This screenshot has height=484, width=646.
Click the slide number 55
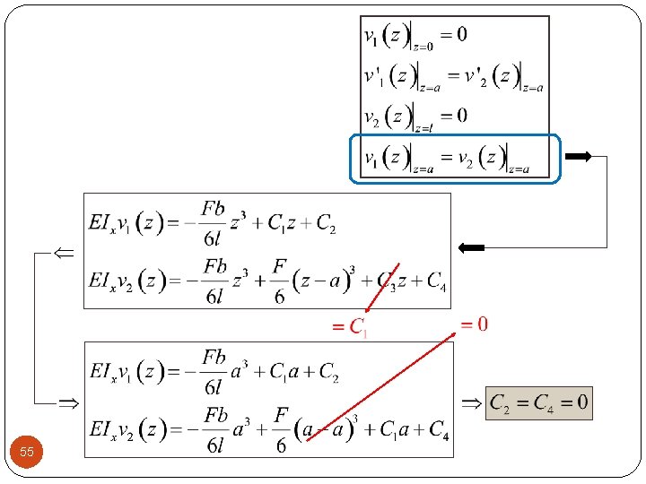pos(27,453)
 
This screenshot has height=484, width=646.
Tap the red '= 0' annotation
pos(474,324)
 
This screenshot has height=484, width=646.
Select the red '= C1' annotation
pos(349,327)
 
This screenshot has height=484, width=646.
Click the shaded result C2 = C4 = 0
pos(538,402)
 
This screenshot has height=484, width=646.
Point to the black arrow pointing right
pos(578,157)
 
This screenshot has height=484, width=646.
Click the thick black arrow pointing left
pos(470,247)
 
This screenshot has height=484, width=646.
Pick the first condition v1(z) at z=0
pos(415,36)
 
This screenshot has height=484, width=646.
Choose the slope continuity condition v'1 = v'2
pos(453,76)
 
